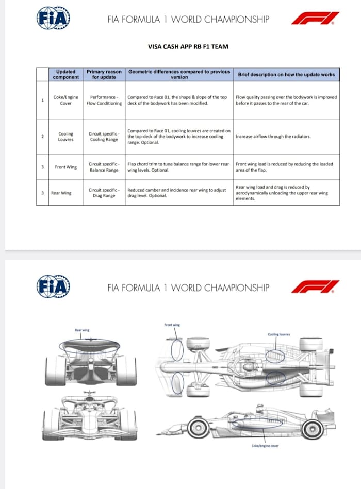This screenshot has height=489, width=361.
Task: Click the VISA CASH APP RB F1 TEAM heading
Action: pyautogui.click(x=188, y=47)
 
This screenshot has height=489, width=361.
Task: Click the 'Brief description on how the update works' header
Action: pyautogui.click(x=286, y=74)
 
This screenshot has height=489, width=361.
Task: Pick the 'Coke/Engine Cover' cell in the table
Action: pyautogui.click(x=65, y=100)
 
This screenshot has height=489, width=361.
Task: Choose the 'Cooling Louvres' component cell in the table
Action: pyautogui.click(x=65, y=137)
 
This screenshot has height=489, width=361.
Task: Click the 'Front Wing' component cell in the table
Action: pyautogui.click(x=65, y=167)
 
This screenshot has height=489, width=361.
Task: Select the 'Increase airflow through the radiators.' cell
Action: pyautogui.click(x=273, y=137)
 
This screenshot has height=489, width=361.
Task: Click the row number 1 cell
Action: pyautogui.click(x=42, y=100)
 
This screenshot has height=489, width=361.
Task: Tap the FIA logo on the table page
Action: pyautogui.click(x=53, y=19)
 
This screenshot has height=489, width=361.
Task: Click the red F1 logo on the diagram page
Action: pyautogui.click(x=315, y=287)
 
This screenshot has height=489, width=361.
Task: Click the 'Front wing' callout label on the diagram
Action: pyautogui.click(x=172, y=325)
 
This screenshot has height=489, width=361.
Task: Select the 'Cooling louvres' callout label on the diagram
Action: pyautogui.click(x=279, y=334)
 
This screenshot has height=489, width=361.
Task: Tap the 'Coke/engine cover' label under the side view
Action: pyautogui.click(x=265, y=446)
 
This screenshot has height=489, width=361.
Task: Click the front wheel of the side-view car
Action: pyautogui.click(x=199, y=428)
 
